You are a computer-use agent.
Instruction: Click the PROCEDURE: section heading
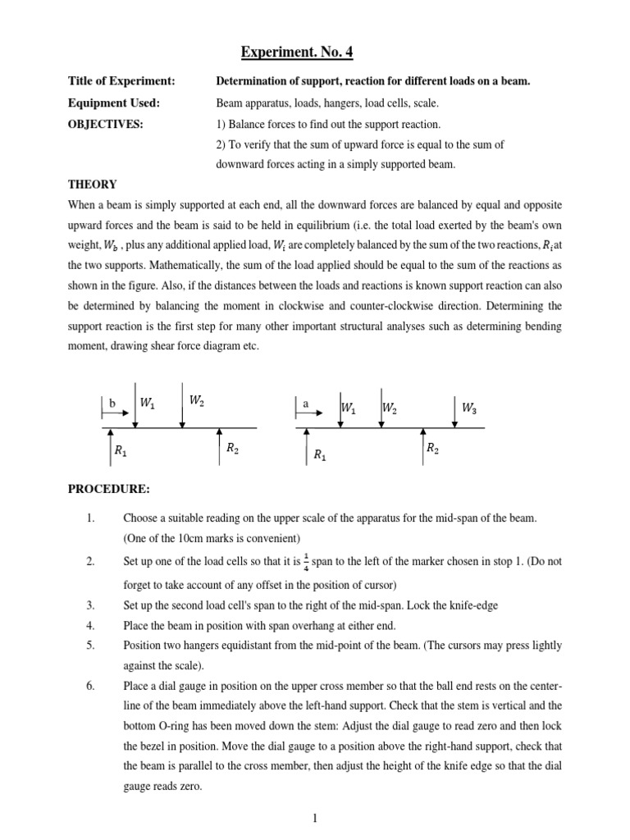108,489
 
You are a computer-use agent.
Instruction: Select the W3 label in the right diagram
468,407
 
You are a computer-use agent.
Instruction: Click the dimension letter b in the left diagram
112,404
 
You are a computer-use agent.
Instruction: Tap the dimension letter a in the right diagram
305,404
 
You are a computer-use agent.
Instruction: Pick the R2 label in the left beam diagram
232,449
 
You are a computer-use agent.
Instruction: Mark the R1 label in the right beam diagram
319,454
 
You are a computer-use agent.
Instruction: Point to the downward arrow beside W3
454,410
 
